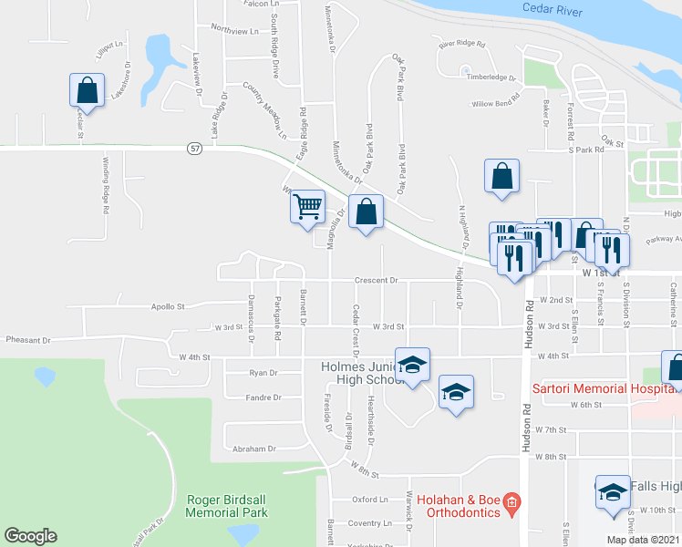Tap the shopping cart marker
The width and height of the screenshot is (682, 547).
tap(308, 207)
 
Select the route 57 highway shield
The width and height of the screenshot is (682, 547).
tap(194, 148)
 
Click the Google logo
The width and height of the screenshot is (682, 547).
tap(30, 536)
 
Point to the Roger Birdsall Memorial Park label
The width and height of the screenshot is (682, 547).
tap(226, 506)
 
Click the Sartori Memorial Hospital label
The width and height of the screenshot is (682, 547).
tap(604, 388)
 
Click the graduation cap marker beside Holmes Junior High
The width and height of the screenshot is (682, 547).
tap(412, 365)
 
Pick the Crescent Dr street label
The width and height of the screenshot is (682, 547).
tap(376, 281)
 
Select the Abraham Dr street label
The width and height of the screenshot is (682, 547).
tap(253, 449)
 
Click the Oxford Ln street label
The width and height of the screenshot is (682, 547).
tap(371, 500)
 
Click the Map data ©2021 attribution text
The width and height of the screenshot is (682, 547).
tap(643, 540)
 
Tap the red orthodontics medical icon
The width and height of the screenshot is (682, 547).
tap(511, 501)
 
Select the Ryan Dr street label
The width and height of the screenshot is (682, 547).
tap(263, 373)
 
